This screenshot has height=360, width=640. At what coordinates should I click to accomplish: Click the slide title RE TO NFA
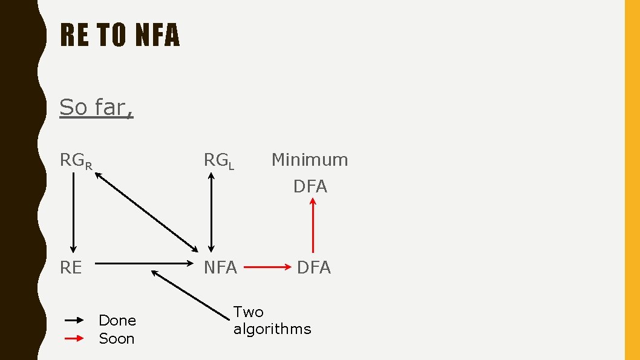[120, 35]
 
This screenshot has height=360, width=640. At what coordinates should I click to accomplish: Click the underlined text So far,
[96, 107]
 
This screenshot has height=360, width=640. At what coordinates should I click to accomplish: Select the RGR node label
[76, 161]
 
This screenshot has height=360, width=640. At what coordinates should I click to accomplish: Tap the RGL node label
[218, 161]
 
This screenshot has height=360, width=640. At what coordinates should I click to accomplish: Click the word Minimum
[310, 160]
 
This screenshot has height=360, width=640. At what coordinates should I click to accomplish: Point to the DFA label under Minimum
[310, 186]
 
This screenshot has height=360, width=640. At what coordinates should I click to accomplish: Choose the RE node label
[71, 267]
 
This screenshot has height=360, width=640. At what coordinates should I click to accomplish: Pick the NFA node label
[220, 267]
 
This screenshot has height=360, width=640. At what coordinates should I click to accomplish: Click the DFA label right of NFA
[313, 267]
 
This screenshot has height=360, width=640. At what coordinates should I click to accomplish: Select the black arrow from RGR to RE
[73, 212]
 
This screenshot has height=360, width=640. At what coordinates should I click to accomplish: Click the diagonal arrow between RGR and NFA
[146, 212]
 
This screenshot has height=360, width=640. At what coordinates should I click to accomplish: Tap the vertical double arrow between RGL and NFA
[211, 212]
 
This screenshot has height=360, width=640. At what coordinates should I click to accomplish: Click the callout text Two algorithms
[272, 321]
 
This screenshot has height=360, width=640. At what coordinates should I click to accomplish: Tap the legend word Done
[117, 320]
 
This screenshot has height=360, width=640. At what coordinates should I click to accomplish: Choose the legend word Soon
[116, 338]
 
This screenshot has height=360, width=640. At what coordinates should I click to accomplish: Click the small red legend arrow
[74, 339]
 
